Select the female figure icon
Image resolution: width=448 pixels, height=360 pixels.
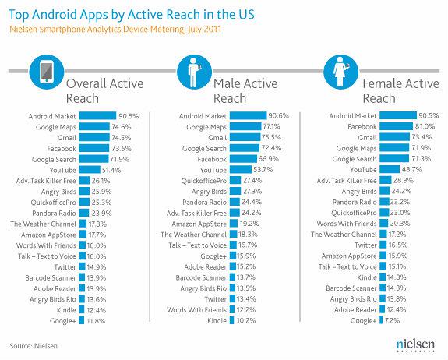(x=339, y=73)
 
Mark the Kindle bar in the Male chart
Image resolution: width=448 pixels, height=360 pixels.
(x=232, y=320)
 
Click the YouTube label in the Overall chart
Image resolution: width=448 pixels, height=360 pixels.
(x=64, y=169)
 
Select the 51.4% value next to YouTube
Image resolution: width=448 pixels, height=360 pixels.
(x=112, y=169)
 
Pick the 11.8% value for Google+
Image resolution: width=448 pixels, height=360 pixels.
(x=97, y=319)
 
